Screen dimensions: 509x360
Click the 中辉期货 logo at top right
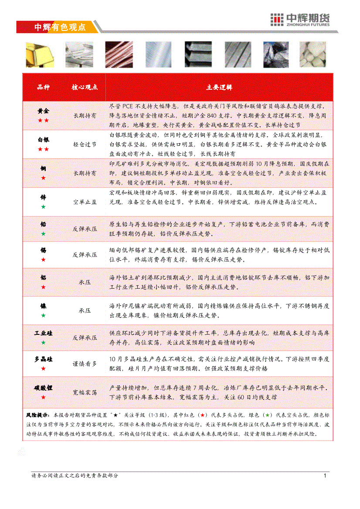(300, 20)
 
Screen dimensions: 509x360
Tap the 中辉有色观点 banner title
(60, 27)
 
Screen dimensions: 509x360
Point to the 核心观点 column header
(85, 87)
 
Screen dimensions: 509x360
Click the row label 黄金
(43, 111)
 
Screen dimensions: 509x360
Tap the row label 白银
(43, 140)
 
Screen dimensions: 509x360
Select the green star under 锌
(43, 206)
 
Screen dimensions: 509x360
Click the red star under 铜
(43, 178)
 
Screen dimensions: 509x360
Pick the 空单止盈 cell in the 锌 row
(85, 202)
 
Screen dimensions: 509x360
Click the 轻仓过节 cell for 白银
(85, 144)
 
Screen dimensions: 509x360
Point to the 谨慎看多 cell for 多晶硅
(85, 364)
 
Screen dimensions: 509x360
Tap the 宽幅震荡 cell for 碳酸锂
(85, 392)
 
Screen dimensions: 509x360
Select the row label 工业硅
(43, 333)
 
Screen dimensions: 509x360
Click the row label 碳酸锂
(43, 388)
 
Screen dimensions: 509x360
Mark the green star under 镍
(43, 315)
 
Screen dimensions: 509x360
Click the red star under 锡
(43, 260)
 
